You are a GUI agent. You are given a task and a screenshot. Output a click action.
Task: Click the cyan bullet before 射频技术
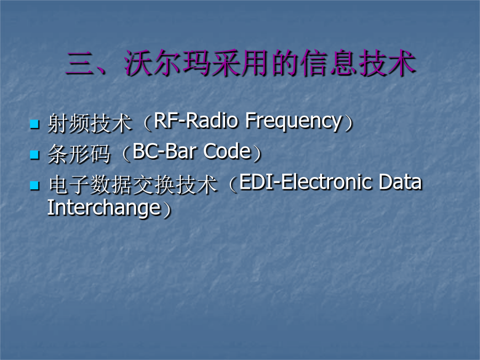coord(34,124)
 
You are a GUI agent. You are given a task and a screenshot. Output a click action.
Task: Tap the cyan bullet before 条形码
coord(34,155)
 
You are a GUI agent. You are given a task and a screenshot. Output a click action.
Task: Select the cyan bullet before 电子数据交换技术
coord(34,186)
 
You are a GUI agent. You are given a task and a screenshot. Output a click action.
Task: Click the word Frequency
coord(293,122)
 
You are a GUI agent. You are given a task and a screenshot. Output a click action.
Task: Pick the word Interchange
coord(104,209)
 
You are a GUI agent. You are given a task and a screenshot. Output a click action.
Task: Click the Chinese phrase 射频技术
coord(90,123)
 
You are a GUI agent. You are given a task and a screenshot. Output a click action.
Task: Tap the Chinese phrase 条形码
coord(79,154)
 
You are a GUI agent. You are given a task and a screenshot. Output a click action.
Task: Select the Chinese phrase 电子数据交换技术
coord(133,185)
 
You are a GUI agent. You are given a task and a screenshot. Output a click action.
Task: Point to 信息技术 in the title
coord(357,63)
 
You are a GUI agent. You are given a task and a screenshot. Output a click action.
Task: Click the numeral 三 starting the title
coord(80,63)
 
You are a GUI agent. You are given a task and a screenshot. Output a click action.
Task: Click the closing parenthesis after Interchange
coord(167,210)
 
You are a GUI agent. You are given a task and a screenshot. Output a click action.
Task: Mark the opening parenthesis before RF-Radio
coord(148,123)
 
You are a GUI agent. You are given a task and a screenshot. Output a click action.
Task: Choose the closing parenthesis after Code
coord(258,154)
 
